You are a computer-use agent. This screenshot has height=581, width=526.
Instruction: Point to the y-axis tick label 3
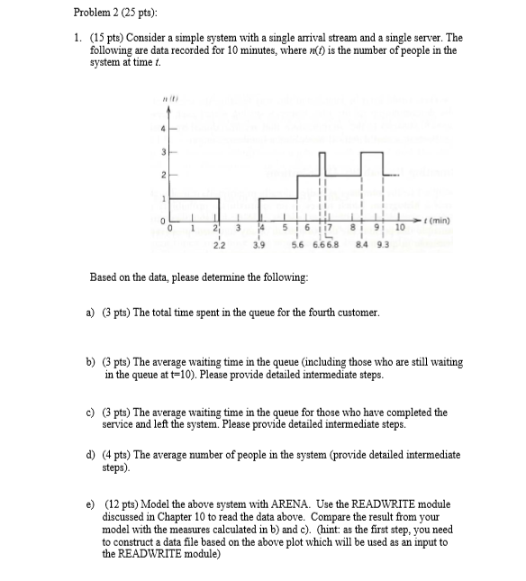(x=163, y=151)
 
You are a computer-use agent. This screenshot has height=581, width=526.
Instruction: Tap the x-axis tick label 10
(x=401, y=228)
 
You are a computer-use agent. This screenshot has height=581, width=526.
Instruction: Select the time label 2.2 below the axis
(x=218, y=243)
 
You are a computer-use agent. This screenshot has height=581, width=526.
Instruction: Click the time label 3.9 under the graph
(x=258, y=243)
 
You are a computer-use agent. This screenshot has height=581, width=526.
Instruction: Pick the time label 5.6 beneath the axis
(x=298, y=243)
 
